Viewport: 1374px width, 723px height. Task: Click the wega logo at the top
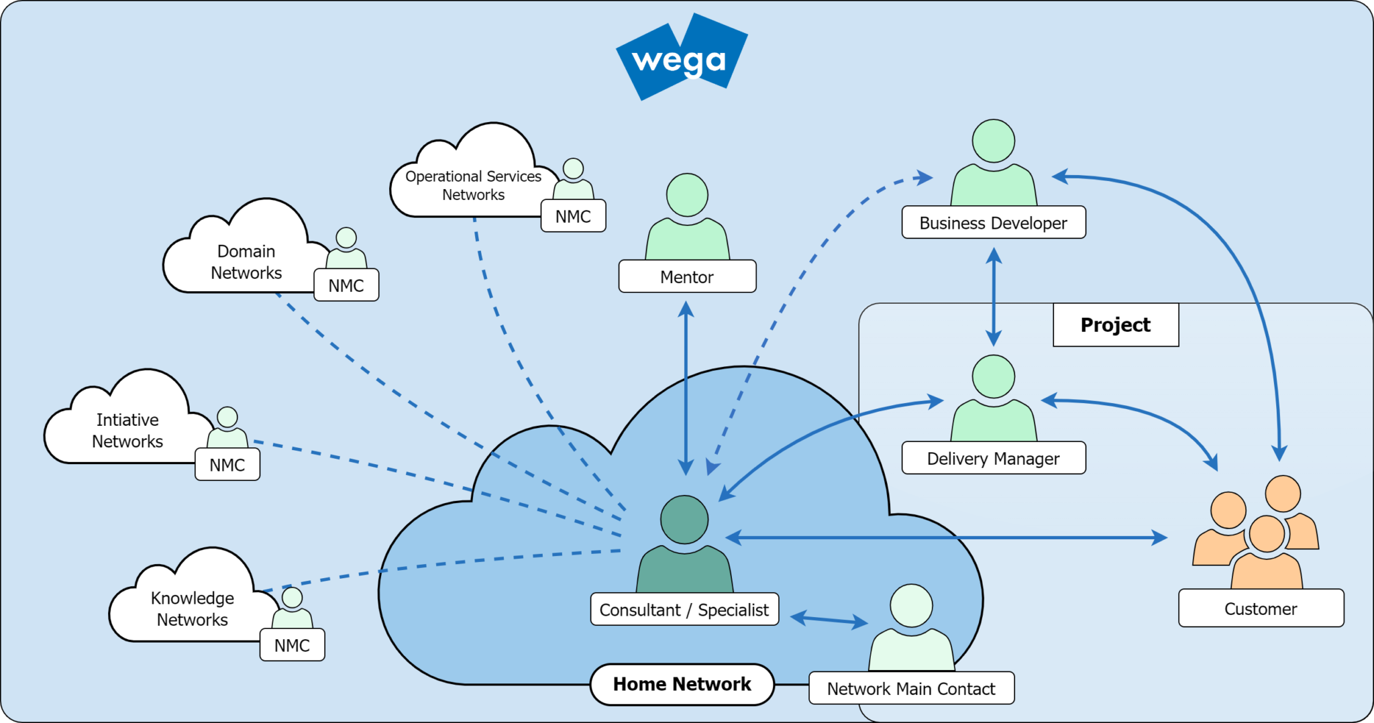[x=681, y=59]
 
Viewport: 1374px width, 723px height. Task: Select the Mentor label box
[x=687, y=276]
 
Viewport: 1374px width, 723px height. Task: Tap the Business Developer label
[x=993, y=223]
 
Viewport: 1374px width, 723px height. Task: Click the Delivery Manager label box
[x=993, y=458]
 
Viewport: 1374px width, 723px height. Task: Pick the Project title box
[x=1115, y=325]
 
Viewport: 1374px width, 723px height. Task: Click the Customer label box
[x=1261, y=608]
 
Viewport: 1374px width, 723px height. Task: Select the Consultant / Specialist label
[x=684, y=610]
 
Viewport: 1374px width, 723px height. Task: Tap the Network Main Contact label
[x=910, y=688]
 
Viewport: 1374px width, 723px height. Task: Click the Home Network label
[x=682, y=684]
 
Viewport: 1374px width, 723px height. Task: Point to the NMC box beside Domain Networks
[x=346, y=285]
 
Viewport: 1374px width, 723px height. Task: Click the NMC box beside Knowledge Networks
[x=292, y=645]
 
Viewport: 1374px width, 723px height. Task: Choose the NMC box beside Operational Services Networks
[x=573, y=216]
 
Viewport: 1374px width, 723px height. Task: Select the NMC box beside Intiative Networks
[x=227, y=464]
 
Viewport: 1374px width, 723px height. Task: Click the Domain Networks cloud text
[x=246, y=262]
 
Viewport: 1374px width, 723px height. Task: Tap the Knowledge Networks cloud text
[x=192, y=608]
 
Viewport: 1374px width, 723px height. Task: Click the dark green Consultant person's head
[x=684, y=520]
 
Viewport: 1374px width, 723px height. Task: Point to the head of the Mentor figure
[x=687, y=195]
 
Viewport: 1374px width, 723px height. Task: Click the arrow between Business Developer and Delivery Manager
[x=994, y=296]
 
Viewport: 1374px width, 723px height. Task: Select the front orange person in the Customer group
[x=1267, y=550]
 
